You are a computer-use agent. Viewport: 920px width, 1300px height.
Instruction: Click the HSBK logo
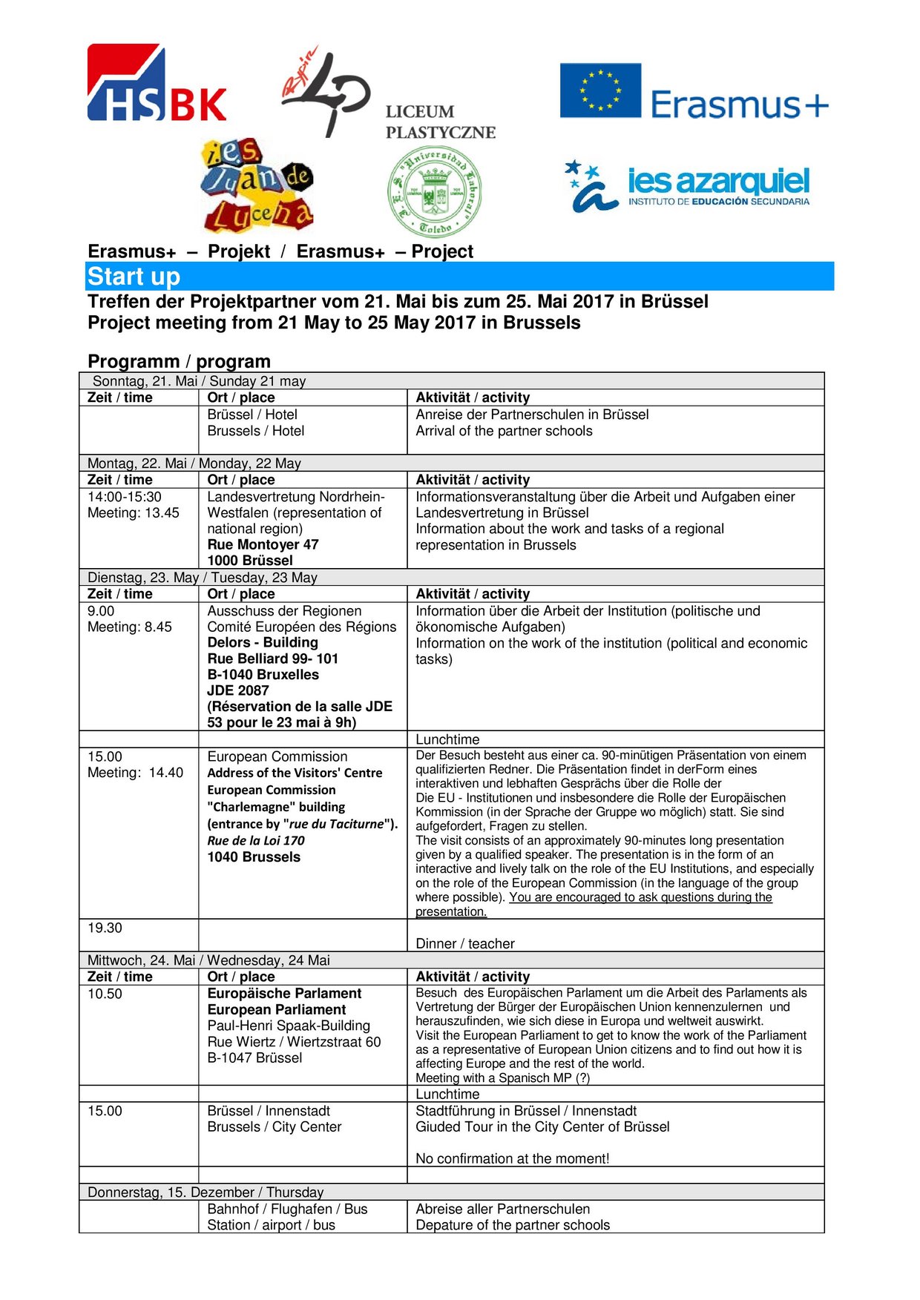tap(157, 83)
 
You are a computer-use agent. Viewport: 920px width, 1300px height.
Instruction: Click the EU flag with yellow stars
tap(600, 90)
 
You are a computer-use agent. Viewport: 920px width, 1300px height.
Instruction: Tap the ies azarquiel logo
tap(688, 186)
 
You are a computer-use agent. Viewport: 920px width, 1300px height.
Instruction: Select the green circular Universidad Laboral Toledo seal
tap(434, 192)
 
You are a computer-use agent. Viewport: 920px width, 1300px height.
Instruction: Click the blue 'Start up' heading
tap(134, 277)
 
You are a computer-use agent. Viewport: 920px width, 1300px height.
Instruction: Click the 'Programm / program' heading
tap(179, 361)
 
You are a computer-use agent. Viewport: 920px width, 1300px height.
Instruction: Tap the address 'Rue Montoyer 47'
tap(263, 544)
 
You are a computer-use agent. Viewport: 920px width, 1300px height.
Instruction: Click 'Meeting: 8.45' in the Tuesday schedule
tap(130, 627)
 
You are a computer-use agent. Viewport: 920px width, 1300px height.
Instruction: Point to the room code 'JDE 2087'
tap(238, 690)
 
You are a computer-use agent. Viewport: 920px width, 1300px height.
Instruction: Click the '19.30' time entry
tap(105, 928)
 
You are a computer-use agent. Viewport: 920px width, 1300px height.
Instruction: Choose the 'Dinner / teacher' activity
tap(464, 943)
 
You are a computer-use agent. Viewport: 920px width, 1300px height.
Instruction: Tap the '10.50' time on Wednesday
tap(105, 994)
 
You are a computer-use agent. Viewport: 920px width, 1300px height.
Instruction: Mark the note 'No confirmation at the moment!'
tap(512, 1158)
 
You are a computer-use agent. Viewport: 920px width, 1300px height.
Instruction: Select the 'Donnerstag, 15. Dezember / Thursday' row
tap(206, 1192)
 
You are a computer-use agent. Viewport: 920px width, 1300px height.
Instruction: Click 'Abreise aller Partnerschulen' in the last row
tap(502, 1209)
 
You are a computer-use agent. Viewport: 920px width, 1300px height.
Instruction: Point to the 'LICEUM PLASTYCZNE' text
tap(440, 122)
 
